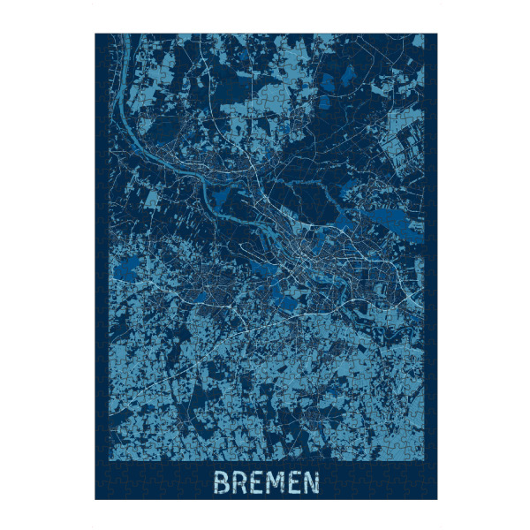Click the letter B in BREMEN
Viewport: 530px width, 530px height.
(x=221, y=482)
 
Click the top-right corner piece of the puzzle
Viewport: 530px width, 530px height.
(x=432, y=38)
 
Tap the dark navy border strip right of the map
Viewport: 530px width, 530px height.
(x=431, y=265)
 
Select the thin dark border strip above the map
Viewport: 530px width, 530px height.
(x=265, y=35)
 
